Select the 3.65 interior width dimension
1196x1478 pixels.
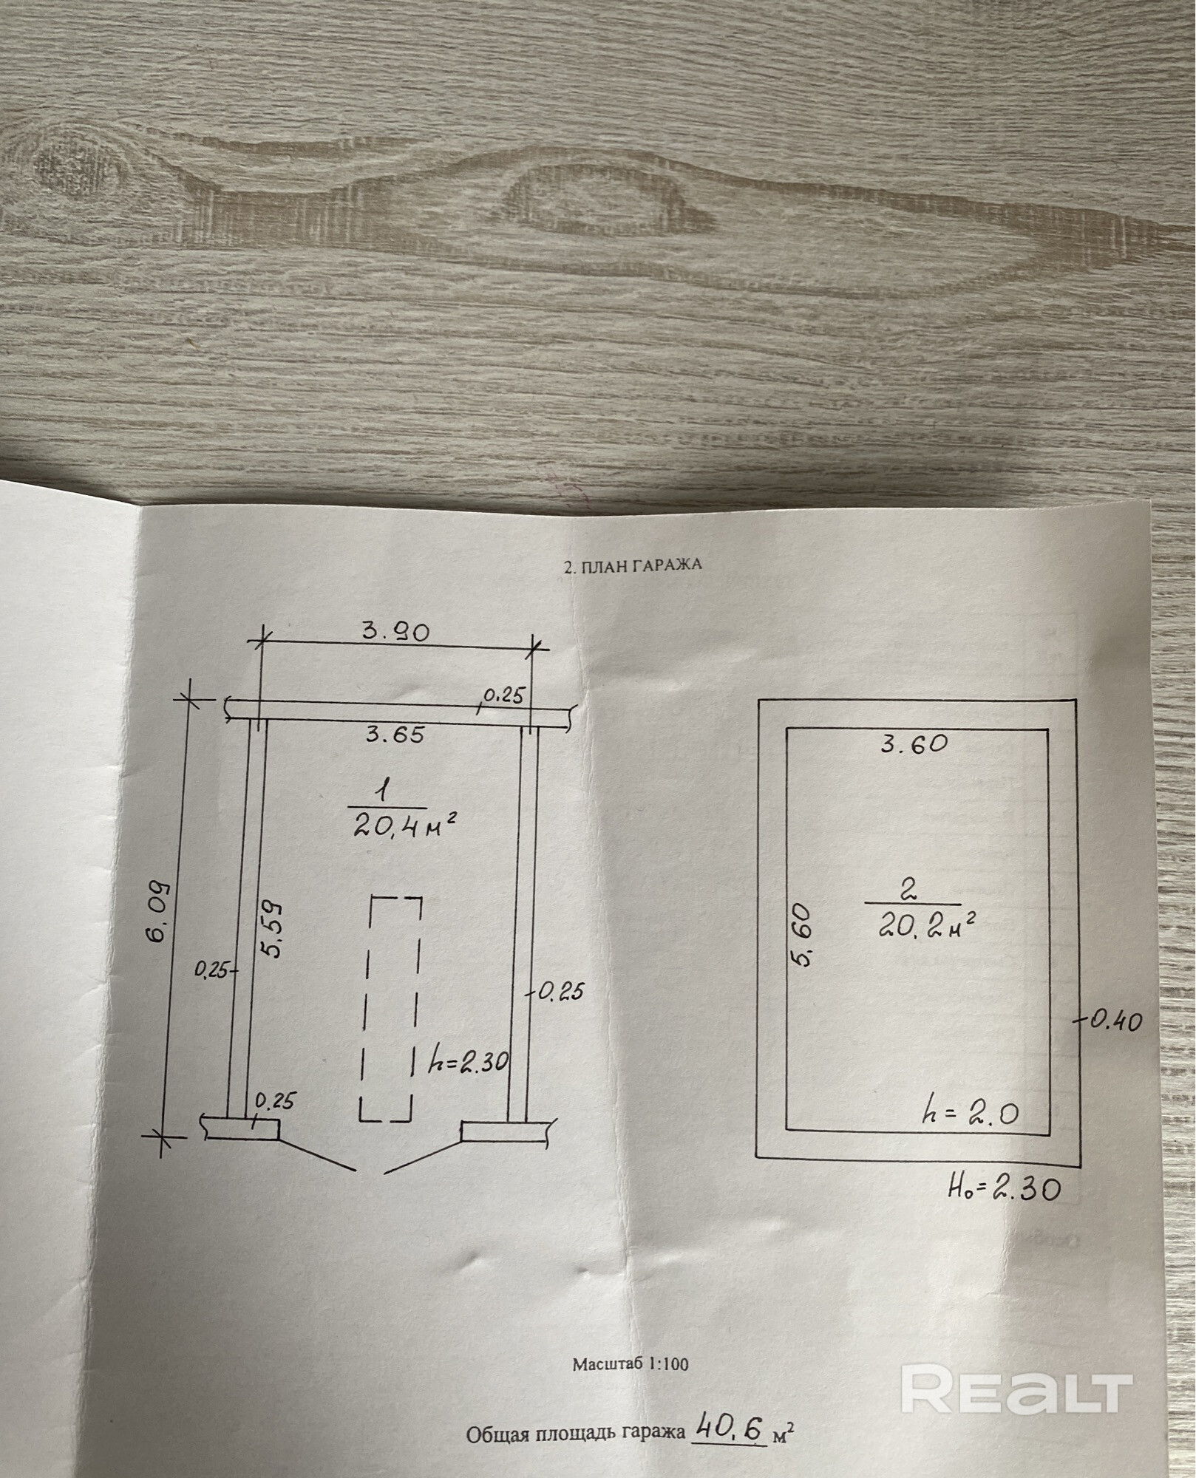395,735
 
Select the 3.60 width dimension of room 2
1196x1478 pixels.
914,744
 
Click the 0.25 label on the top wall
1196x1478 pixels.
503,695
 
